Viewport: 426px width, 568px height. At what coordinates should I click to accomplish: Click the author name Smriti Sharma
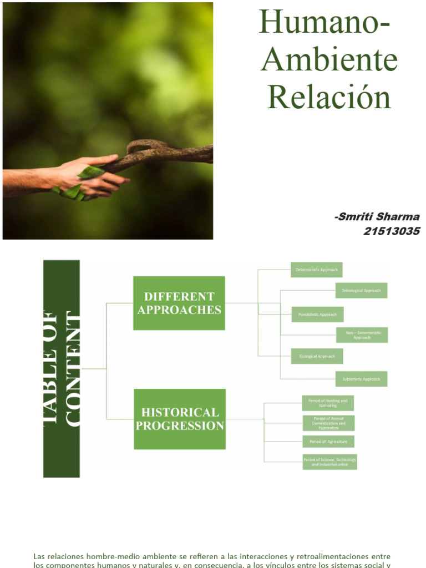377,217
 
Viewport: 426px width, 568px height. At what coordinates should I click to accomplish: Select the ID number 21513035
391,231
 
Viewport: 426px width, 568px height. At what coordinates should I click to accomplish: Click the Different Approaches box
179,303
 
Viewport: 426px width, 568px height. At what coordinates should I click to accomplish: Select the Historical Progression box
180,419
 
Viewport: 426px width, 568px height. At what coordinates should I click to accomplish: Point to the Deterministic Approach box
317,270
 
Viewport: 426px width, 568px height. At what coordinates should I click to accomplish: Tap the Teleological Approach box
361,290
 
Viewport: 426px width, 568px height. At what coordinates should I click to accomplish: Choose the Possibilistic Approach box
317,315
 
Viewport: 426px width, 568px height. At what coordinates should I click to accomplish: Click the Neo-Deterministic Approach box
362,335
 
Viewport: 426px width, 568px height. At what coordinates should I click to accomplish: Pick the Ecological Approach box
317,356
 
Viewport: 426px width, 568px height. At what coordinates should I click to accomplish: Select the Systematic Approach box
361,379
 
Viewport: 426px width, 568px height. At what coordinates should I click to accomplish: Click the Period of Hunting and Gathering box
328,403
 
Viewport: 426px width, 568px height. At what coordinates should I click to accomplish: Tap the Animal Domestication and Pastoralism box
328,423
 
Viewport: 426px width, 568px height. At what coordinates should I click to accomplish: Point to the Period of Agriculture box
328,442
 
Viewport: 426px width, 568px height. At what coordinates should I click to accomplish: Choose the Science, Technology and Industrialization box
329,461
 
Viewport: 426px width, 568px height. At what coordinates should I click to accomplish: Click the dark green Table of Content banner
62,369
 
